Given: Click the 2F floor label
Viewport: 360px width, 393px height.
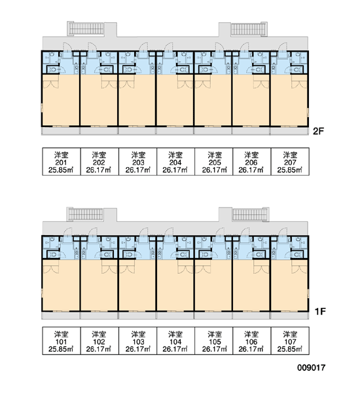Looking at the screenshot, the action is (x=318, y=131).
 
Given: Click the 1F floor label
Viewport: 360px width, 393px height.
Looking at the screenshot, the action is (x=320, y=311).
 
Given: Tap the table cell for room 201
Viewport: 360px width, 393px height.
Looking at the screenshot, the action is (x=62, y=161).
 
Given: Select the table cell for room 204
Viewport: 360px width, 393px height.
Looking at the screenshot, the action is (x=175, y=161).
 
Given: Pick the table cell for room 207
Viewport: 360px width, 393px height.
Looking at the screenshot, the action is (x=290, y=161).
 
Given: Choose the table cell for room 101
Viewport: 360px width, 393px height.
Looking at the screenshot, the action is (x=62, y=341).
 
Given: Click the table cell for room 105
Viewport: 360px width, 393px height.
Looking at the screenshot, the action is (x=213, y=341).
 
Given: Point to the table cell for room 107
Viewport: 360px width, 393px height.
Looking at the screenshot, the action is (x=290, y=341).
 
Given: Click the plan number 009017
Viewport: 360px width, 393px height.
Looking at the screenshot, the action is (x=311, y=367).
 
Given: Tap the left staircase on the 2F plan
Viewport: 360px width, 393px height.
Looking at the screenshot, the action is (x=86, y=29).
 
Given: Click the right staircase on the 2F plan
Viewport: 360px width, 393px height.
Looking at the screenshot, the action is (x=249, y=29).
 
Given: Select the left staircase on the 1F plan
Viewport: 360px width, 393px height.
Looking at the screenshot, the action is (x=86, y=214).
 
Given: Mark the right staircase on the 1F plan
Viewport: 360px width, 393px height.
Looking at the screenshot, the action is (x=250, y=215).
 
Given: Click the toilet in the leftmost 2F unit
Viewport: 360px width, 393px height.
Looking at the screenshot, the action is (x=53, y=69).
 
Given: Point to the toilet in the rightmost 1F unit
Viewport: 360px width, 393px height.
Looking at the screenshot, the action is (x=297, y=255).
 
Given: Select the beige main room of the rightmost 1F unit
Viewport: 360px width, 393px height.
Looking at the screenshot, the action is (x=289, y=285).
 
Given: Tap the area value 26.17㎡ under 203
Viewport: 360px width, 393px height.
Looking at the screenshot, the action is (x=138, y=170).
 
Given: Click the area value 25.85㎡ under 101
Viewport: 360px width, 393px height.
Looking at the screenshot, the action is (x=61, y=349).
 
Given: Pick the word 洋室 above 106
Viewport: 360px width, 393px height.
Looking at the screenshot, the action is (x=251, y=334).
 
